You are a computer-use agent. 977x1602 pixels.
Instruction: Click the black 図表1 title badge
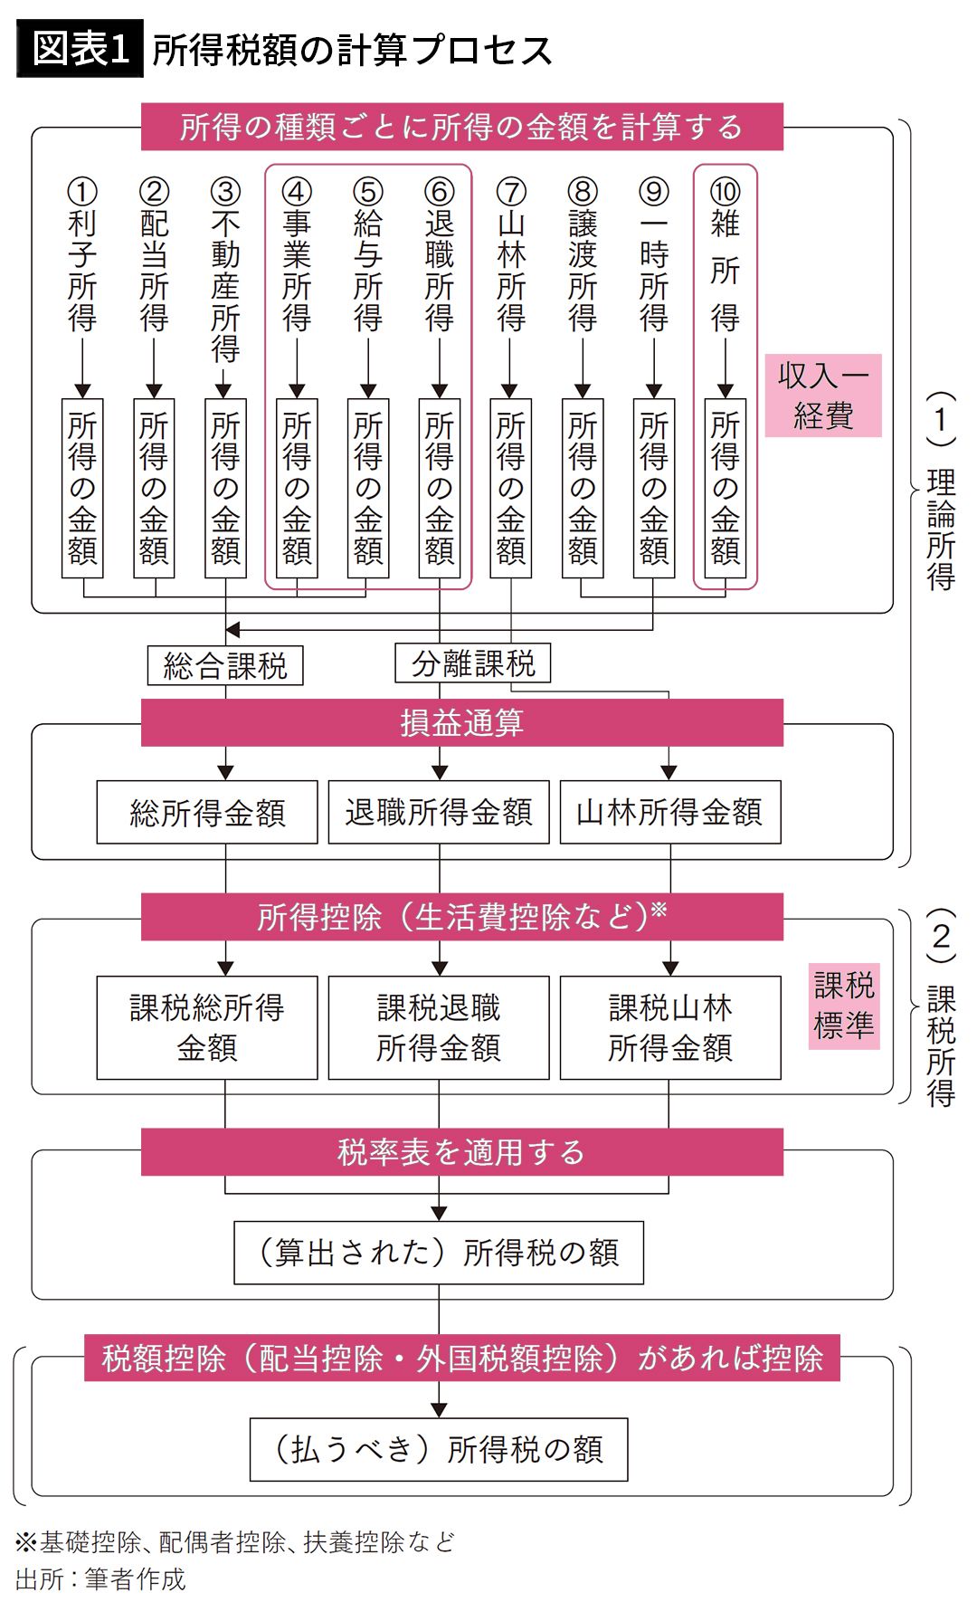click(x=80, y=48)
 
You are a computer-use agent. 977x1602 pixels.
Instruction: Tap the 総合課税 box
click(x=225, y=666)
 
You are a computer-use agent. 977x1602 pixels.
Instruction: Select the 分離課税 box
click(x=473, y=664)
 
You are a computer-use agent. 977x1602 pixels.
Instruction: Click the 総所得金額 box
click(x=207, y=812)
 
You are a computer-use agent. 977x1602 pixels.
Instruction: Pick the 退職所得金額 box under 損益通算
click(x=439, y=812)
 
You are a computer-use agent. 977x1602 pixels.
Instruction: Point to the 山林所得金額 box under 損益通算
click(x=670, y=812)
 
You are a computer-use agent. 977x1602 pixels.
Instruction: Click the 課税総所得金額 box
click(x=207, y=1027)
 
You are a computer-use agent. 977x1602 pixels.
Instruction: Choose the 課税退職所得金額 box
click(x=439, y=1027)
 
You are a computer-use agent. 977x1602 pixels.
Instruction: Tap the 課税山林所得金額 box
click(x=670, y=1027)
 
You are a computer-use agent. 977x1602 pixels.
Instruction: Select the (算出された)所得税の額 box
click(x=439, y=1253)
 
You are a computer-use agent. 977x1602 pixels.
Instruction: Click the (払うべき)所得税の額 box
click(x=439, y=1449)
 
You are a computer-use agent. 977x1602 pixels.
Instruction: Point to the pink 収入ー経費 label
click(x=823, y=396)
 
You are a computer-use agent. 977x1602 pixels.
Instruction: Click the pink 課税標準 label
click(x=844, y=1006)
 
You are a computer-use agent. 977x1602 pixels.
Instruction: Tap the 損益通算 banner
click(x=461, y=722)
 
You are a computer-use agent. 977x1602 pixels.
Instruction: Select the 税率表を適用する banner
click(x=461, y=1151)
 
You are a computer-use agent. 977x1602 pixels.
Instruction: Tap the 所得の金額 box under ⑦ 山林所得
click(x=511, y=488)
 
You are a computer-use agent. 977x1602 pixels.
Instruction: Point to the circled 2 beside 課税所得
click(x=942, y=936)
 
